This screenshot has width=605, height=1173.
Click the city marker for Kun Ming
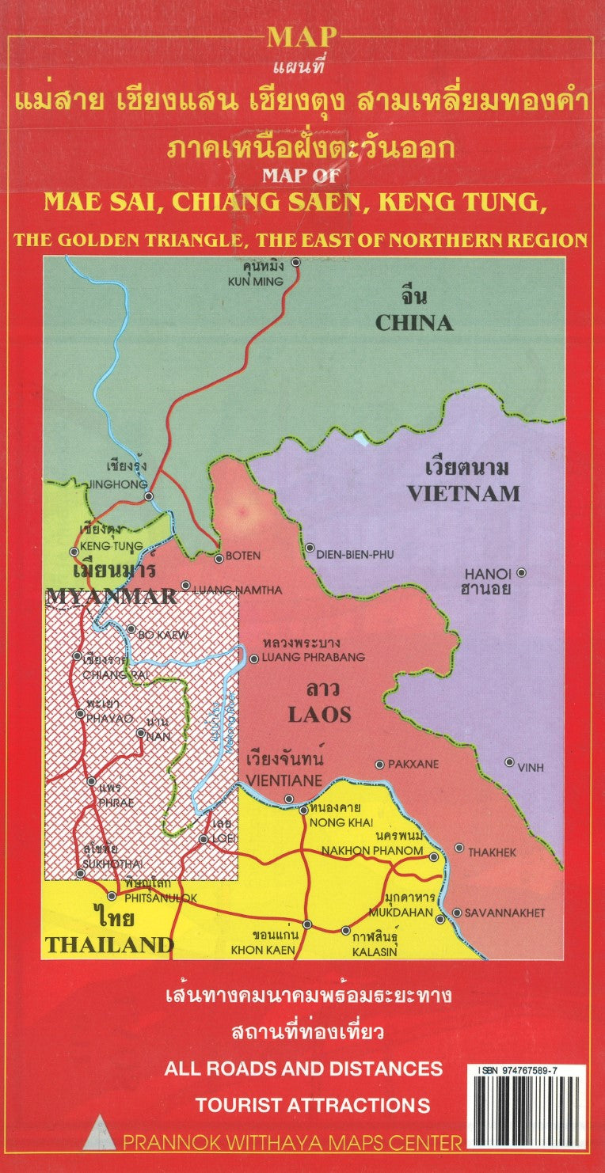[296, 262]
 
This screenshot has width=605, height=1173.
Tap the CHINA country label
[413, 322]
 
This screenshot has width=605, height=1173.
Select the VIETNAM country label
[463, 493]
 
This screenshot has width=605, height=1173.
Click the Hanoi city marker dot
[520, 572]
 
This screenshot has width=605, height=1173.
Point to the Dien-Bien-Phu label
[354, 556]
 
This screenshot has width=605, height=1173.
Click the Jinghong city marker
[149, 496]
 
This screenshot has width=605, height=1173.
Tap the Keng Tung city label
[111, 546]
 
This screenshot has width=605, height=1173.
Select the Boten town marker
[219, 558]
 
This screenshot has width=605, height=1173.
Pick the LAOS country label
[318, 715]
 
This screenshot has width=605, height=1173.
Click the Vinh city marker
[509, 762]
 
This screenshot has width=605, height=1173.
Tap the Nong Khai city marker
[303, 810]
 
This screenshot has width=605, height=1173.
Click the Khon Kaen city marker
[307, 924]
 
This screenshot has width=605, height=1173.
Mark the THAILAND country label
[108, 944]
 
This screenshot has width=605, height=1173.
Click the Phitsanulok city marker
[112, 896]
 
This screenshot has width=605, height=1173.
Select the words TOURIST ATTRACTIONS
[313, 1105]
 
